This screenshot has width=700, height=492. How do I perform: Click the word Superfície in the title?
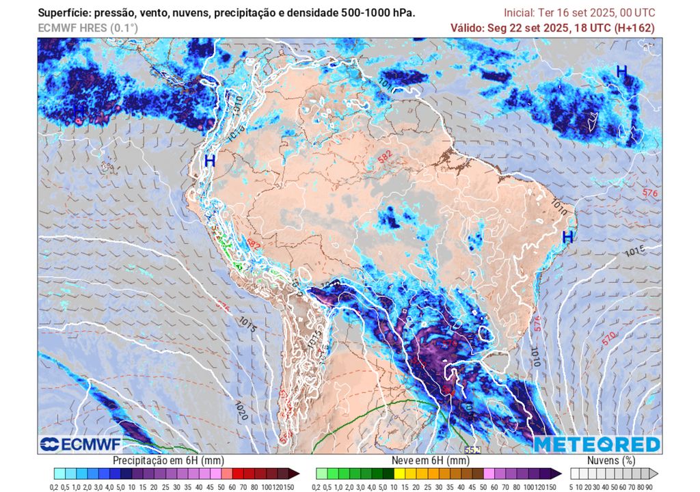(62, 13)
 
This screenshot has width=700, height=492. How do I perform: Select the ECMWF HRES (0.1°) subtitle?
(87, 28)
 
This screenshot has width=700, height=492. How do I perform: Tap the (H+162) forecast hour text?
(634, 28)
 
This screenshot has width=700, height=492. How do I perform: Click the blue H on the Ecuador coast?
(210, 161)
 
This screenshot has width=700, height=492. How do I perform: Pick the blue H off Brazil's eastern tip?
(567, 237)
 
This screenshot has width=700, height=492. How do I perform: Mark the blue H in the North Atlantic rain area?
(621, 71)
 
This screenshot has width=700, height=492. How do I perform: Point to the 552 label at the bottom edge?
(472, 450)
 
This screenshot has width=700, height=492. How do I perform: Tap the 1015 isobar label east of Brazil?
(635, 252)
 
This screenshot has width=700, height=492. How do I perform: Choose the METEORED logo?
(597, 444)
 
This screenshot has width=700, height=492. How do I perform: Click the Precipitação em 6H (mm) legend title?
(168, 461)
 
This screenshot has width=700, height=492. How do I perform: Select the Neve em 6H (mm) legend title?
(431, 461)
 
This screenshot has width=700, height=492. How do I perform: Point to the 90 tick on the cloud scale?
(648, 486)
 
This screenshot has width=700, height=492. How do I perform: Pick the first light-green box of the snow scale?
(321, 473)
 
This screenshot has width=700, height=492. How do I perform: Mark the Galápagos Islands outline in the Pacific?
(105, 166)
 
